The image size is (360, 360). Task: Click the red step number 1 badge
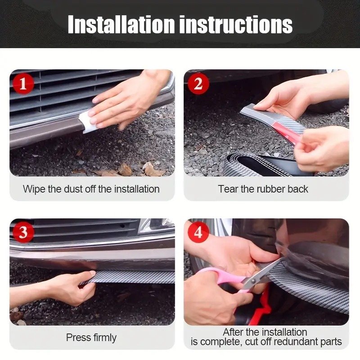[23, 84]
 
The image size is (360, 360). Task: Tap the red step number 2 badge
[198, 84]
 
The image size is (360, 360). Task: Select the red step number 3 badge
[23, 232]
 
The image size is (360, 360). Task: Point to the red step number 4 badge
[198, 232]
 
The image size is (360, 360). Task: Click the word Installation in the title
[121, 24]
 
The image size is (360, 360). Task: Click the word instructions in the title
[236, 24]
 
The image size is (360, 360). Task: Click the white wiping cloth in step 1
[86, 121]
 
